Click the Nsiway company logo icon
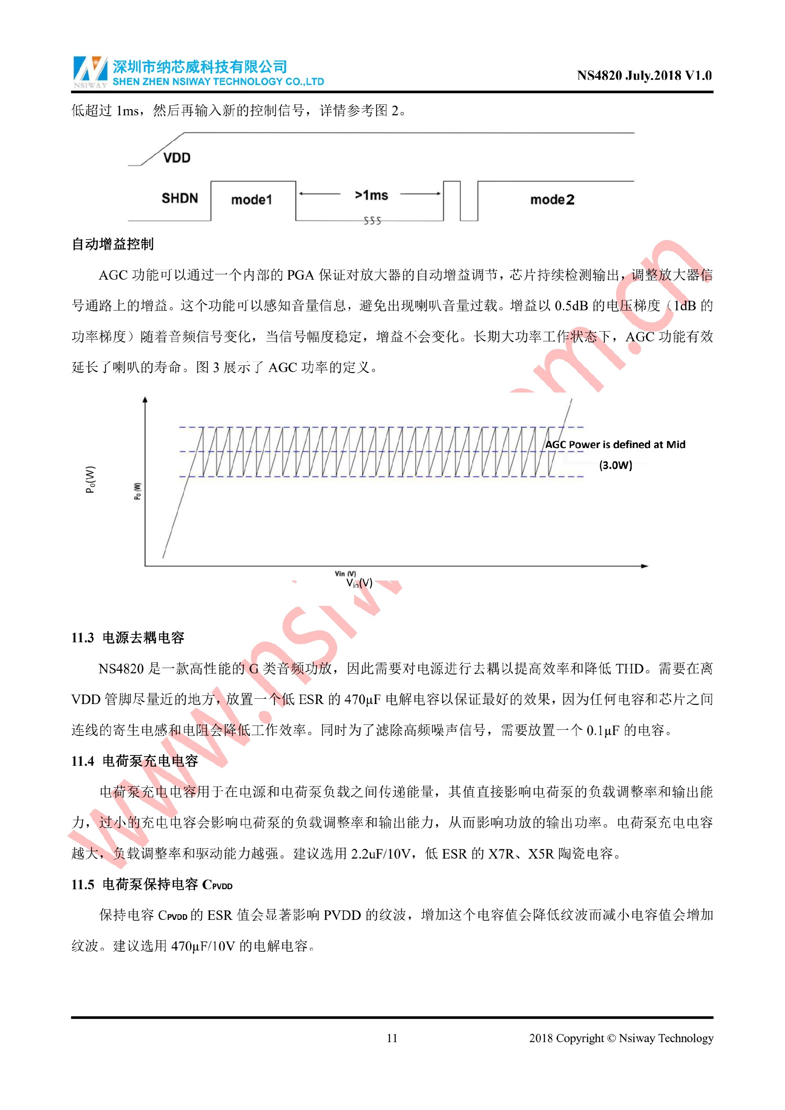[x=90, y=71]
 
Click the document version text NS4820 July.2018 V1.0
[x=644, y=75]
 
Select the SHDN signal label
[x=180, y=198]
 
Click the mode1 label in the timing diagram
[x=251, y=200]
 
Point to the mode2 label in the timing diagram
[x=552, y=200]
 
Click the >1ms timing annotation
[x=371, y=195]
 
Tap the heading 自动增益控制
[x=112, y=244]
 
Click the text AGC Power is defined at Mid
[x=615, y=445]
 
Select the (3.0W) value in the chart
[x=615, y=466]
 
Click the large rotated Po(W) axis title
[x=90, y=479]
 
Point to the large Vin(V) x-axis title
[x=359, y=583]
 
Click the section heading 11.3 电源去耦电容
[x=128, y=638]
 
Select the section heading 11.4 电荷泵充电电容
[x=135, y=761]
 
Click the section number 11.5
[x=82, y=885]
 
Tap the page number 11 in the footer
[x=392, y=1038]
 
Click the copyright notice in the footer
[x=621, y=1038]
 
